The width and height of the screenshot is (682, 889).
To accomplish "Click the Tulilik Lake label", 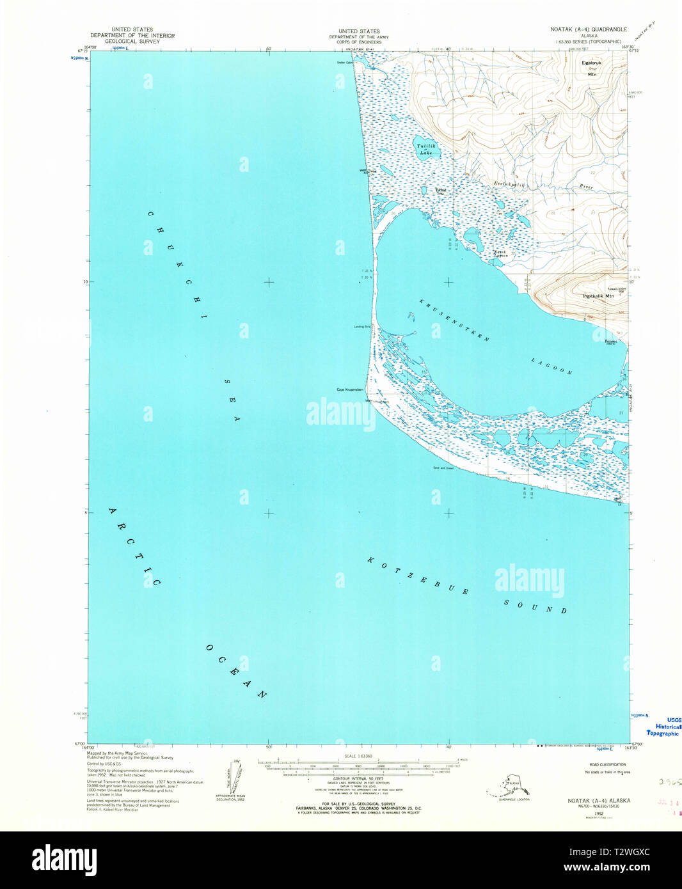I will pos(425,150).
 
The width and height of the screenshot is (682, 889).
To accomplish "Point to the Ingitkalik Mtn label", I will pos(598,296).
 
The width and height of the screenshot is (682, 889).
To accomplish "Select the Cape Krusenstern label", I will pos(350,389).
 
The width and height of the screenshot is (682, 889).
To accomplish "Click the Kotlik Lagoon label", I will pos(500,253).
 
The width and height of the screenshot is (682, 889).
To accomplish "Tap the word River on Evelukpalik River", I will pos(586,187).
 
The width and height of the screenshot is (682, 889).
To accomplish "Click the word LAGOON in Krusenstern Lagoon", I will pos(551,366).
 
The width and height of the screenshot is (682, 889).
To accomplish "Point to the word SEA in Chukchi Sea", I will pos(232,399).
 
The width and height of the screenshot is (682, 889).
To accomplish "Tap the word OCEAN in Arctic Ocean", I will pos(236,671).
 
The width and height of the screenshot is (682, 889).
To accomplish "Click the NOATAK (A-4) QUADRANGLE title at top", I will pos(589,29).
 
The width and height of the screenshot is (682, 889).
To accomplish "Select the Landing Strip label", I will pos(362,327).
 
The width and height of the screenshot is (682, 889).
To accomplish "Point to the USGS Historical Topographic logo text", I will pos(664,727).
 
